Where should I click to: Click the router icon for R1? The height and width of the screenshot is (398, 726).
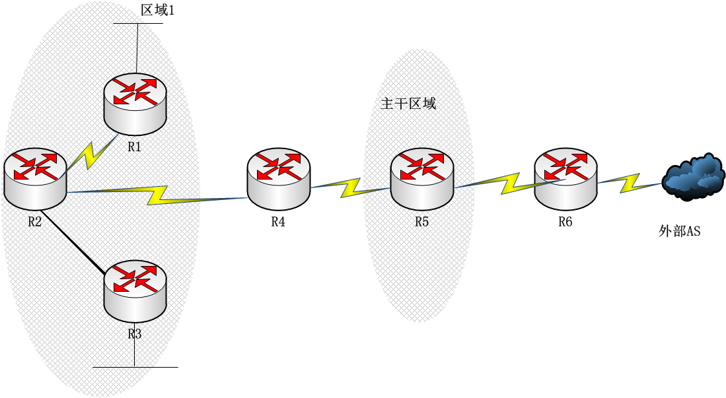coord(135,104)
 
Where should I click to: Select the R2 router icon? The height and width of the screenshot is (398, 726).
coord(35,179)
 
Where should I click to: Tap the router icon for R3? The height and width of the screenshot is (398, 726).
coord(135,292)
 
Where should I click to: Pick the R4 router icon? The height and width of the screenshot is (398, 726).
coord(278,179)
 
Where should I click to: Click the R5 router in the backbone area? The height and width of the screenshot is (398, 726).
coord(422,179)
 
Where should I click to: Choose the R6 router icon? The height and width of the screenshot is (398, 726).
coord(565,179)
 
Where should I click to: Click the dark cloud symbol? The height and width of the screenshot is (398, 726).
coord(693,177)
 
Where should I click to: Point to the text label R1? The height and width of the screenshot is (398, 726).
coord(134,147)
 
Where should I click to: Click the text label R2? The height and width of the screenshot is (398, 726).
coord(35,222)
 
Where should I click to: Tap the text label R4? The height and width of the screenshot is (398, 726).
coord(278,222)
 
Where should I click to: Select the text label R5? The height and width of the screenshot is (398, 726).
coord(421,222)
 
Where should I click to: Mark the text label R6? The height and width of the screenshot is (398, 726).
coord(565,222)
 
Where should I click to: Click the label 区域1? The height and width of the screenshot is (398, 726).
coord(157,10)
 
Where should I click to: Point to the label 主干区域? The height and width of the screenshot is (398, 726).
coord(408,103)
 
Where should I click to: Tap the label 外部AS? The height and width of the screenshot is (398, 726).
coord(679,231)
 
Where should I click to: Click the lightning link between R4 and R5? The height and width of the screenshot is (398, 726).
coord(350,187)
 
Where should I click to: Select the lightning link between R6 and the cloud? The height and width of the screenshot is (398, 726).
coord(630,183)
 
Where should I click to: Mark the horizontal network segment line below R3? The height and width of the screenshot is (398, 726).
coord(135,368)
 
